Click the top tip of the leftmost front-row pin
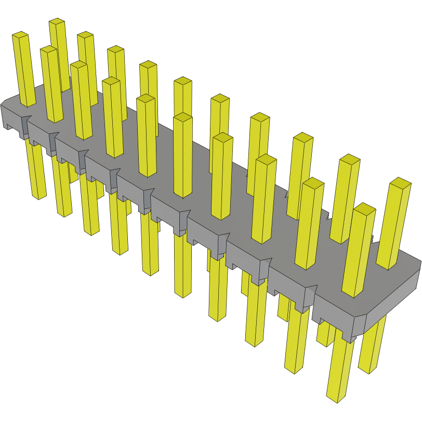tap(20, 35)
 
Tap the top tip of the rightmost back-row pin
tap(400, 181)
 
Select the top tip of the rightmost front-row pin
tap(365, 207)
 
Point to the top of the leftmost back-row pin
tap(57, 22)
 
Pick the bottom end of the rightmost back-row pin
tap(370, 370)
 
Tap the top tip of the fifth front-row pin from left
tap(146, 98)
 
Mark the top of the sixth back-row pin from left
tap(220, 98)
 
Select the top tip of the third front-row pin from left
tap(79, 64)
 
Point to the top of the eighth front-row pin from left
tap(266, 158)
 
